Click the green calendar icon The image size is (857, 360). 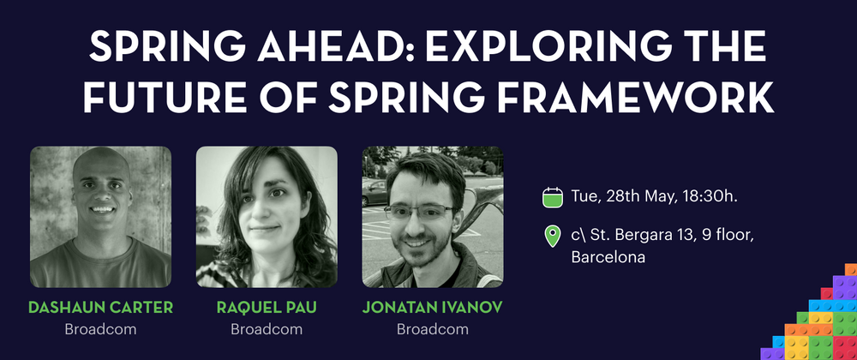[x=553, y=196]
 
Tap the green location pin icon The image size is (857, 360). [x=553, y=237]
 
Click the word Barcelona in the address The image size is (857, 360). [x=608, y=257]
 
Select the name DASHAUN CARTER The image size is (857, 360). [x=100, y=308]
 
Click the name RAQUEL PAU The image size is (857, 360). [x=267, y=308]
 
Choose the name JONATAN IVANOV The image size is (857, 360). [x=432, y=308]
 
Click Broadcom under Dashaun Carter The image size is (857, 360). [x=100, y=329]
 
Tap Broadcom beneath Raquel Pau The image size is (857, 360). [x=267, y=329]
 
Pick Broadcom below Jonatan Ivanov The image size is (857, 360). [x=432, y=329]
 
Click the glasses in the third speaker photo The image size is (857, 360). [x=419, y=212]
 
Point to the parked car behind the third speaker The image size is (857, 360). [x=375, y=193]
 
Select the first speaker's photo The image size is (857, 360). [x=100, y=217]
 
